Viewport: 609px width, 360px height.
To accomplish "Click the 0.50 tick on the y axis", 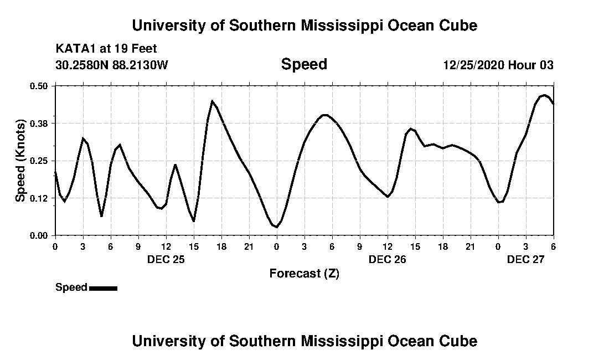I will [40, 86].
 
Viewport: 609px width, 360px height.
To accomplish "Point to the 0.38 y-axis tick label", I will [40, 123].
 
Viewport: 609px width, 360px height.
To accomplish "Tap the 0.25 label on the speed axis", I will [40, 161].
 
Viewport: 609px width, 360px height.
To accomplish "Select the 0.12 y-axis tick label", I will [40, 198].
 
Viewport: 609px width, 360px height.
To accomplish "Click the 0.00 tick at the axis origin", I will [40, 235].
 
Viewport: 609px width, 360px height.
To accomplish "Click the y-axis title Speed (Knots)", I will [20, 161].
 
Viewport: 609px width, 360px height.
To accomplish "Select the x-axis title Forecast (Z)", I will [304, 274].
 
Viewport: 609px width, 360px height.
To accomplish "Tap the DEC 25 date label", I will [166, 259].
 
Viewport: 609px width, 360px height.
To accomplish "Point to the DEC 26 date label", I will [387, 259].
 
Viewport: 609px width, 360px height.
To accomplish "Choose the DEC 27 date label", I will [525, 259].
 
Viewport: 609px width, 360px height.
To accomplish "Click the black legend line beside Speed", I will [103, 288].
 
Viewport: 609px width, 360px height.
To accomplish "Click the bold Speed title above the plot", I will [304, 64].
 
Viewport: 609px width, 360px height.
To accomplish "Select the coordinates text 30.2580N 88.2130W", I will [112, 65].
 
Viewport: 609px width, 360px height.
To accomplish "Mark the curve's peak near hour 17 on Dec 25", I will [212, 101].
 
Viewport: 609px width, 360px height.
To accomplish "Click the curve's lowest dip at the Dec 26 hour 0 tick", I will [276, 227].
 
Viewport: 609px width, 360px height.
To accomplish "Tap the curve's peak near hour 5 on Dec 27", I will [544, 95].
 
